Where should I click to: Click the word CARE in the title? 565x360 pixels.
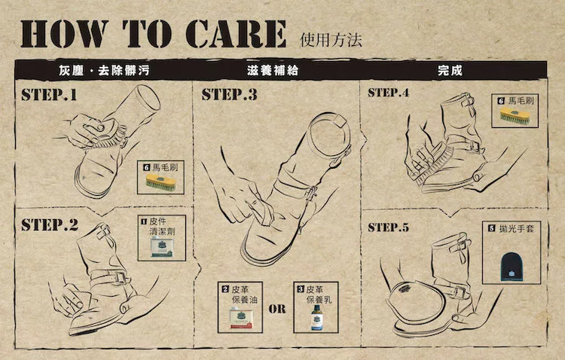pyautogui.click(x=236, y=34)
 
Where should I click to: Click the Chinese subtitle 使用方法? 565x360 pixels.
pyautogui.click(x=331, y=40)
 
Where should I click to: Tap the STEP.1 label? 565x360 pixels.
pyautogui.click(x=49, y=94)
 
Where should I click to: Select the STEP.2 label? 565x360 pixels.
pyautogui.click(x=50, y=224)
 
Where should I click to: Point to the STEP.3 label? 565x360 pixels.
pyautogui.click(x=230, y=94)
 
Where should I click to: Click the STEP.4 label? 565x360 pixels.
pyautogui.click(x=389, y=93)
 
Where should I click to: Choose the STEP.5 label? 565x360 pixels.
pyautogui.click(x=389, y=227)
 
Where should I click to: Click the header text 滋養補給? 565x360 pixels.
pyautogui.click(x=273, y=70)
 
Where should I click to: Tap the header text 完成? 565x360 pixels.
pyautogui.click(x=450, y=70)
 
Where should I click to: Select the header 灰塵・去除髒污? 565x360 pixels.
pyautogui.click(x=104, y=70)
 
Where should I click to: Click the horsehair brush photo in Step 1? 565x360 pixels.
pyautogui.click(x=160, y=182)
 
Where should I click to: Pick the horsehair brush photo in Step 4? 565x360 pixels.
pyautogui.click(x=515, y=116)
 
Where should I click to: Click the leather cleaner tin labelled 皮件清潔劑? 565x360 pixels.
pyautogui.click(x=162, y=246)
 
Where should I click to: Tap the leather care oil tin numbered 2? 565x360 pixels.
pyautogui.click(x=241, y=318)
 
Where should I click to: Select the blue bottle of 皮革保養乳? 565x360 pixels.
pyautogui.click(x=316, y=317)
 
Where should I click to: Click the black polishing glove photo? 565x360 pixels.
pyautogui.click(x=512, y=266)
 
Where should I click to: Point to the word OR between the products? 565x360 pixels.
pyautogui.click(x=277, y=309)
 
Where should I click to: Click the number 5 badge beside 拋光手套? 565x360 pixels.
pyautogui.click(x=491, y=228)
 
